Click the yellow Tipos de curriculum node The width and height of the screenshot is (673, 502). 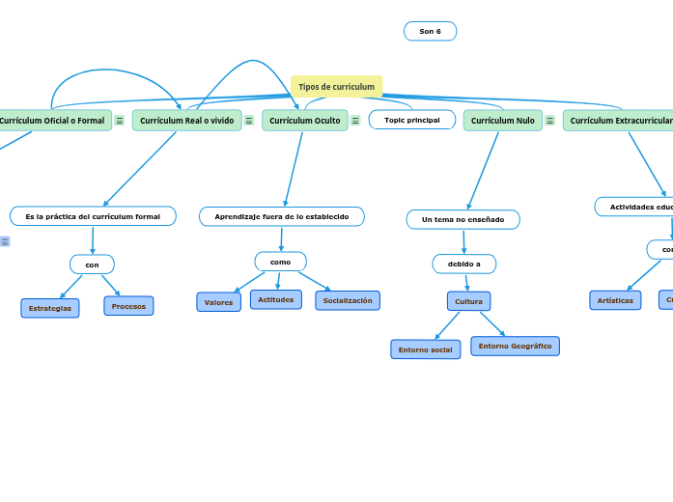[336, 87]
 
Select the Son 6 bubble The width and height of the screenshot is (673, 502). [430, 32]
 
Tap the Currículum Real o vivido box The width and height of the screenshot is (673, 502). [186, 121]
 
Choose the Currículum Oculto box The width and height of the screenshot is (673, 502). [304, 121]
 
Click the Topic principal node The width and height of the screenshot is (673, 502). [411, 120]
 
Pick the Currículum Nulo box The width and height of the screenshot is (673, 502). [502, 121]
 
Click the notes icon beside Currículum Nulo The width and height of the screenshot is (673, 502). [549, 121]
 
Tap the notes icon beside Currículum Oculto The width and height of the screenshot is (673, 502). [355, 121]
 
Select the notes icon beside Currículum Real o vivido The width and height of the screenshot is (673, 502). [249, 121]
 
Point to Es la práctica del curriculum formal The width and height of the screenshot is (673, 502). [93, 216]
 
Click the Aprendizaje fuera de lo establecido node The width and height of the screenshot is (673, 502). [281, 216]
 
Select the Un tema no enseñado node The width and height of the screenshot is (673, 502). [463, 219]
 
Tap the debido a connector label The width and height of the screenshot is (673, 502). [463, 264]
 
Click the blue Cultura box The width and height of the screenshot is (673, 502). [468, 301]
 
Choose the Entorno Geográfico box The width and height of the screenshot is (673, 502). [515, 346]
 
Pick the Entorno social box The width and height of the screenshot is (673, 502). [425, 349]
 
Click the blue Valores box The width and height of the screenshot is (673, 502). [218, 302]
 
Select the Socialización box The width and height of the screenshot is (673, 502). [347, 300]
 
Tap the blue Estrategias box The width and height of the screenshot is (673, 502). [50, 308]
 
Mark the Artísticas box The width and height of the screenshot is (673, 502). [615, 300]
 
